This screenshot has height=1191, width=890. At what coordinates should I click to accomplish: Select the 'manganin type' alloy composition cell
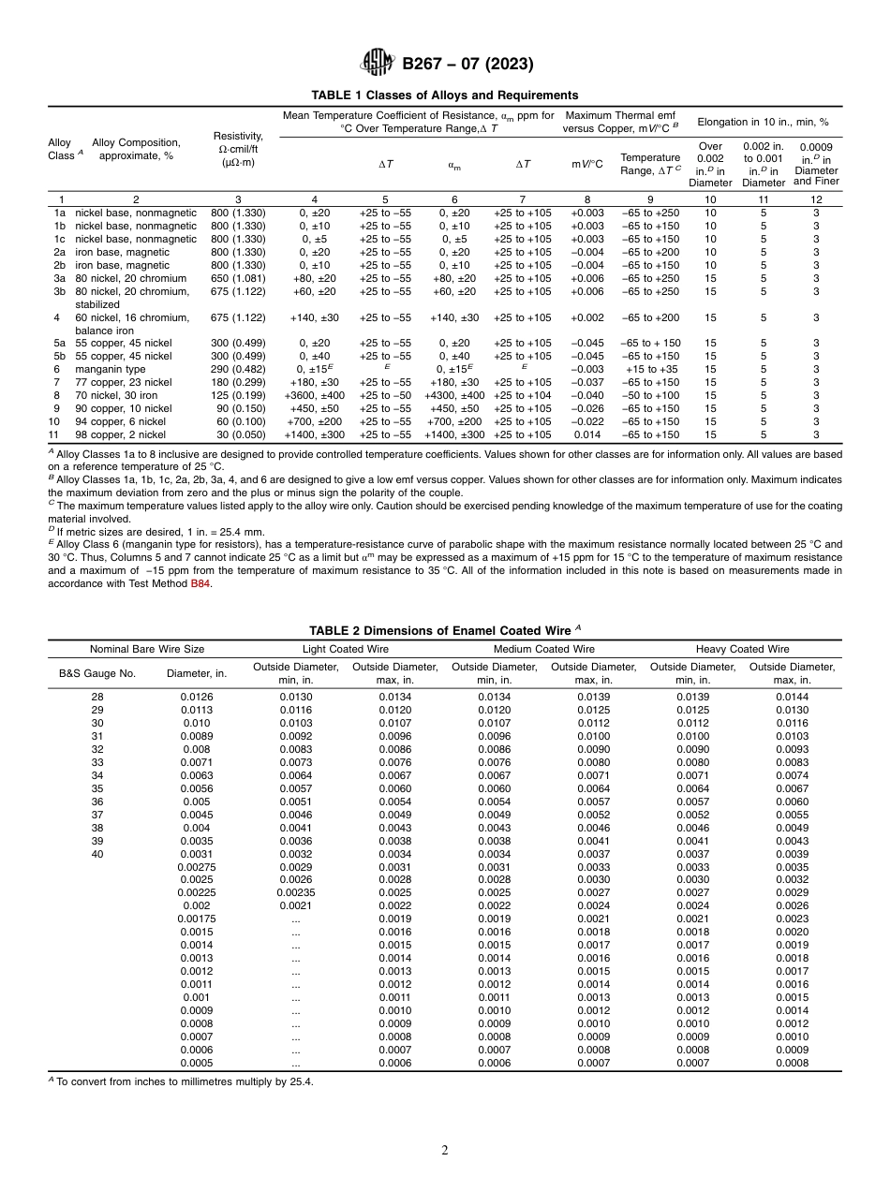(x=111, y=369)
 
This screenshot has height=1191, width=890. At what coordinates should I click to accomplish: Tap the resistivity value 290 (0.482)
(x=238, y=369)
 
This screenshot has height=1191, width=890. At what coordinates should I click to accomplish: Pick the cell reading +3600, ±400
(x=314, y=395)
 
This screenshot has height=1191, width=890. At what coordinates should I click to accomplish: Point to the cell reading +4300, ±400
(x=454, y=395)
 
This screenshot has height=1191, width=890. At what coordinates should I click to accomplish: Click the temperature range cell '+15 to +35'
(x=651, y=369)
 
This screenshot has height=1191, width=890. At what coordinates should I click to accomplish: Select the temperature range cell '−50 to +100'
(x=651, y=395)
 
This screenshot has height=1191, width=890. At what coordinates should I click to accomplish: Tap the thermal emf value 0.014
(x=587, y=434)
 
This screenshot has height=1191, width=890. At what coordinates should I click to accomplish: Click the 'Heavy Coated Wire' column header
(x=742, y=649)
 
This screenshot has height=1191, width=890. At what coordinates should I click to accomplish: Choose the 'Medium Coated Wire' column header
(x=543, y=649)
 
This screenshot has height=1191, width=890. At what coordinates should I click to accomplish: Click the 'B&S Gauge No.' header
(x=97, y=673)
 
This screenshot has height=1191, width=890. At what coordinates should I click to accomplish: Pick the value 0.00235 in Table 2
(x=295, y=893)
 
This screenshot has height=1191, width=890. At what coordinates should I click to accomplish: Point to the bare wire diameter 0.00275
(x=197, y=867)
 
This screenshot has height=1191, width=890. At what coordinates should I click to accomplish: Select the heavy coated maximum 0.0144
(x=793, y=697)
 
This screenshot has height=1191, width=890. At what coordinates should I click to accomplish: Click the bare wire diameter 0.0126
(x=197, y=697)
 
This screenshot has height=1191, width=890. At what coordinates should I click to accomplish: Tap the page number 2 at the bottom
(x=445, y=1151)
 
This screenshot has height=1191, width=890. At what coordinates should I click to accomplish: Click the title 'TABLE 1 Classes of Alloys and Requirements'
(x=445, y=95)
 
